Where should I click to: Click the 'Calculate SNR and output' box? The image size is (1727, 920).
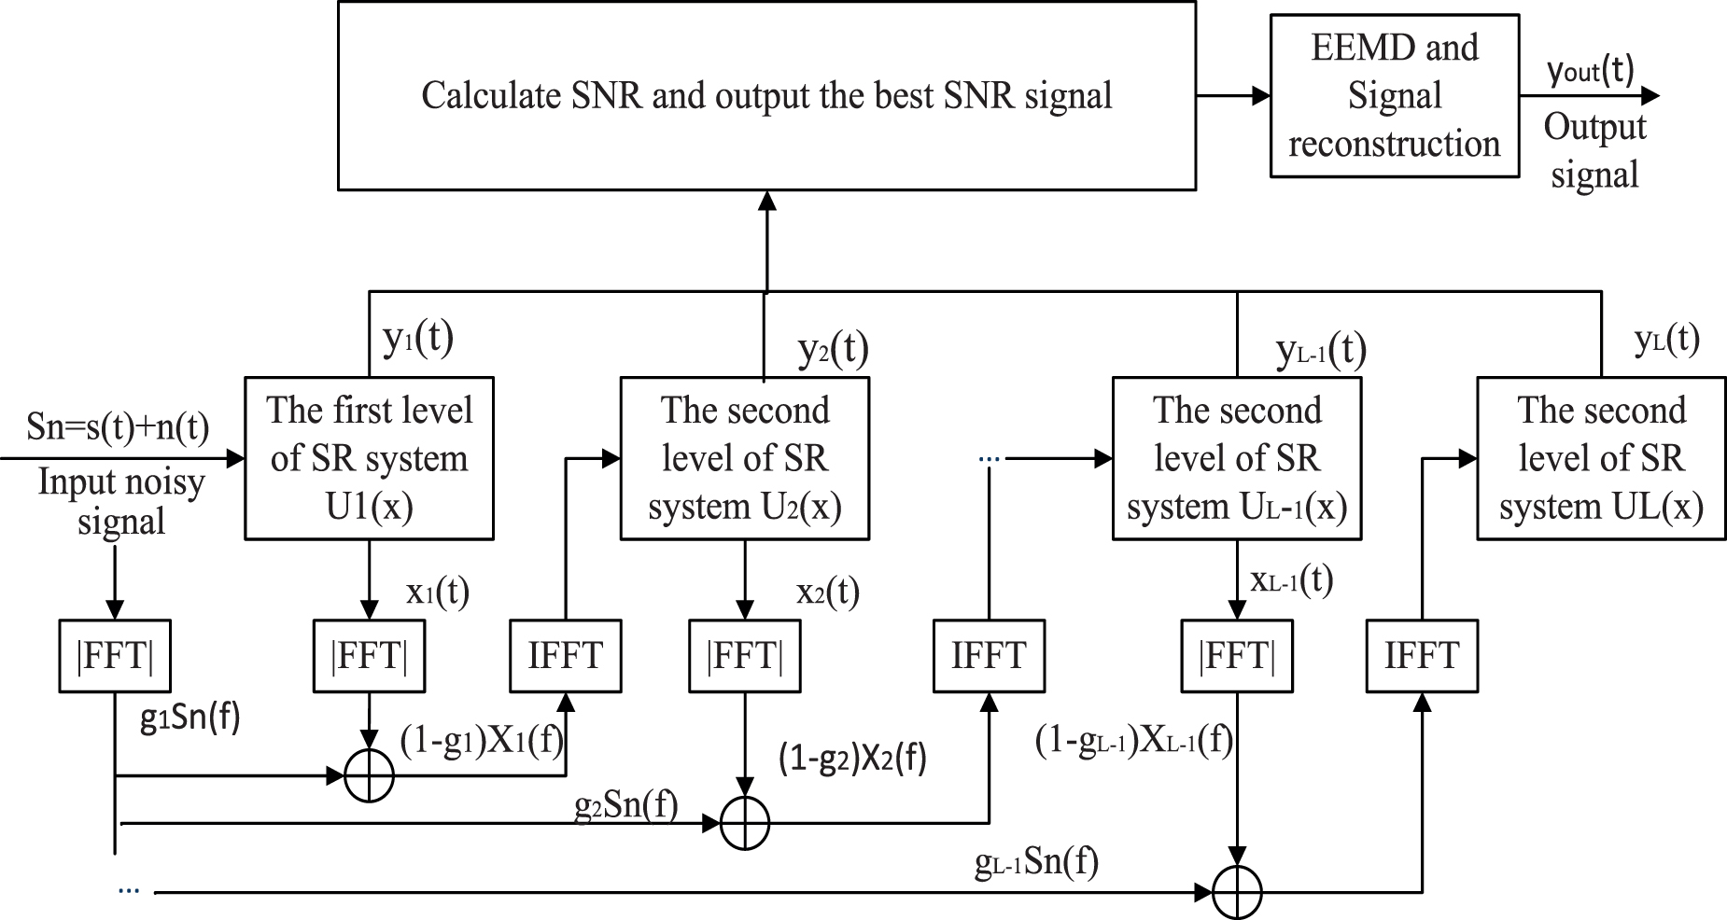point(765,96)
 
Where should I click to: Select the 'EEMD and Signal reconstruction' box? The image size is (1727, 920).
point(1394,96)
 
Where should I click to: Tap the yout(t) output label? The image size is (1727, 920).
point(1591,71)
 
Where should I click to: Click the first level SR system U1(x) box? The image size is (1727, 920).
point(369,457)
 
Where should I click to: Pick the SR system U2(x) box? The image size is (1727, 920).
point(744,457)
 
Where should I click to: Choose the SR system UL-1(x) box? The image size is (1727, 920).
point(1236,457)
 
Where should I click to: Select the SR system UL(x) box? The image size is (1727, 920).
point(1600,457)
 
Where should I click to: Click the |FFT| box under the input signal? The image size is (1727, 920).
point(114,656)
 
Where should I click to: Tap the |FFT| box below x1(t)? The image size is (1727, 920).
point(369,656)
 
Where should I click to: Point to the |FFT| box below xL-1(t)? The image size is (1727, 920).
point(1236,656)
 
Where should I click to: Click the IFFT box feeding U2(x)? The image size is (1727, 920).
point(565,656)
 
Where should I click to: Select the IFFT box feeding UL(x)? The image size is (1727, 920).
point(1421,656)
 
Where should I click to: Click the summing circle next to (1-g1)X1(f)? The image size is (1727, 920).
point(369,774)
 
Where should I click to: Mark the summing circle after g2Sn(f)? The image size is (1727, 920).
point(745,823)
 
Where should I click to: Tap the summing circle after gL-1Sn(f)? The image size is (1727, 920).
point(1237,892)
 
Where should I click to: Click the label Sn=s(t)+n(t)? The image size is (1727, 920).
point(118,427)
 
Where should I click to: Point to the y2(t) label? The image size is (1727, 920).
point(833,350)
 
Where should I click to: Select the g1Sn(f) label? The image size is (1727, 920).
point(190,719)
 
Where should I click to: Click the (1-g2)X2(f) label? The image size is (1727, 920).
point(851,759)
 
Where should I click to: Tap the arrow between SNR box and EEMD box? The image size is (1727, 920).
point(1232,95)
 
